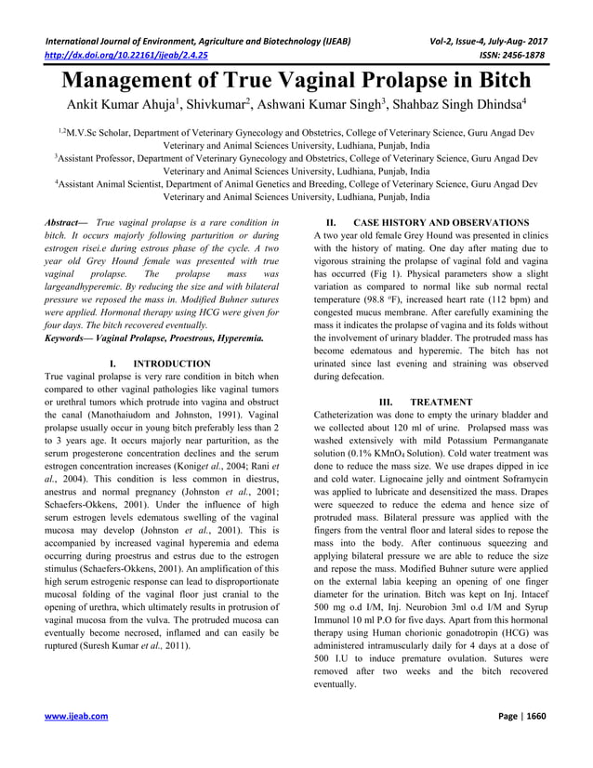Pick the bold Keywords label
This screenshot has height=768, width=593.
(66, 340)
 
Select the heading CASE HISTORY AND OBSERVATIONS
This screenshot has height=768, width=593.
(441, 223)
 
